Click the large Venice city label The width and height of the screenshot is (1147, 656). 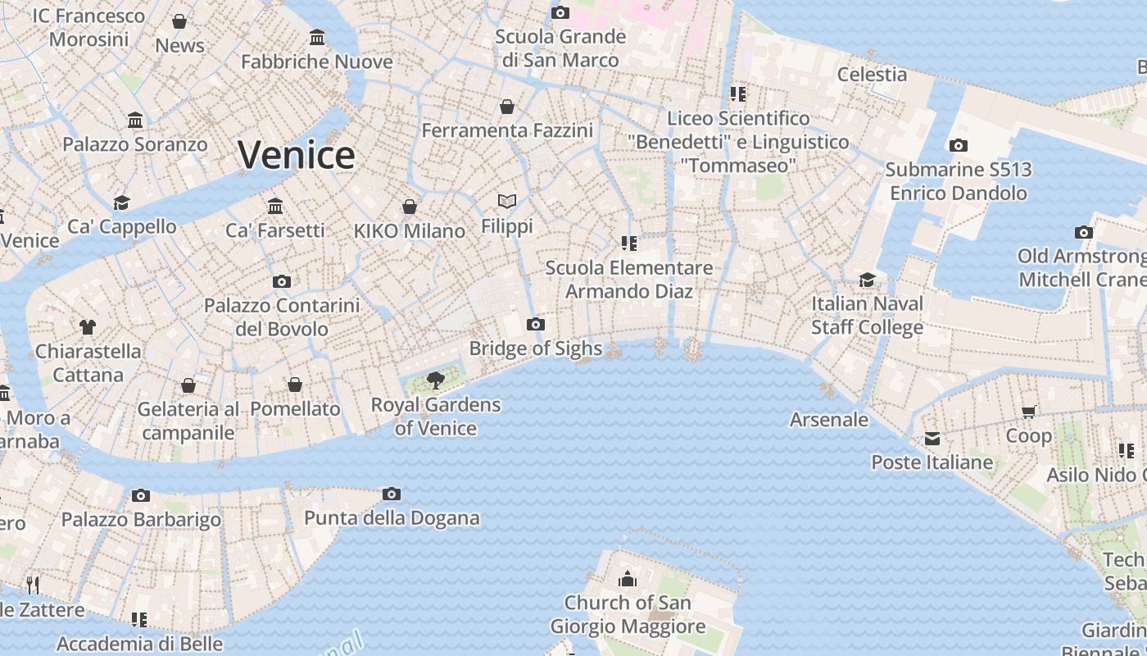(297, 155)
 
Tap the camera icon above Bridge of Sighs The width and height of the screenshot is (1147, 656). (536, 324)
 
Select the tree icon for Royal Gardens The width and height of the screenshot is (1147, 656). (436, 380)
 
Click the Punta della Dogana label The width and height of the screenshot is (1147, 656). (392, 518)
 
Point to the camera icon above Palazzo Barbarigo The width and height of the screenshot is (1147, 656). (141, 495)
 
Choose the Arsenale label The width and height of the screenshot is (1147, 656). (828, 420)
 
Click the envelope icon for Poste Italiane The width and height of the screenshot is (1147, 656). (932, 439)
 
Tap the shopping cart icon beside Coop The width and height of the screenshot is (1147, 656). (1028, 412)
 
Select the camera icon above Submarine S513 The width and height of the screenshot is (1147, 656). (958, 146)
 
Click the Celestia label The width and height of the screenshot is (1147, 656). (872, 75)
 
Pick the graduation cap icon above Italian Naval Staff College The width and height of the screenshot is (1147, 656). (867, 280)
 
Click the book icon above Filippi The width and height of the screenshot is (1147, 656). (507, 201)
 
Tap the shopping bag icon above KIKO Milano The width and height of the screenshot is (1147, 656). (409, 207)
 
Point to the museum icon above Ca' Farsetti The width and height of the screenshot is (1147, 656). (275, 206)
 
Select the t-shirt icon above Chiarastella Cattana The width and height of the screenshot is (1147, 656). (88, 327)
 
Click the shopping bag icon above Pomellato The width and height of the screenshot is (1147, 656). (295, 385)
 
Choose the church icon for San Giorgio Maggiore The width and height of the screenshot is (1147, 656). (628, 579)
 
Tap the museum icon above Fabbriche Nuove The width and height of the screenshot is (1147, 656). (317, 37)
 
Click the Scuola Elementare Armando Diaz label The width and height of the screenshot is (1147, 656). (629, 280)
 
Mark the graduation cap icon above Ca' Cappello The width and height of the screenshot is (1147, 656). (122, 203)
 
